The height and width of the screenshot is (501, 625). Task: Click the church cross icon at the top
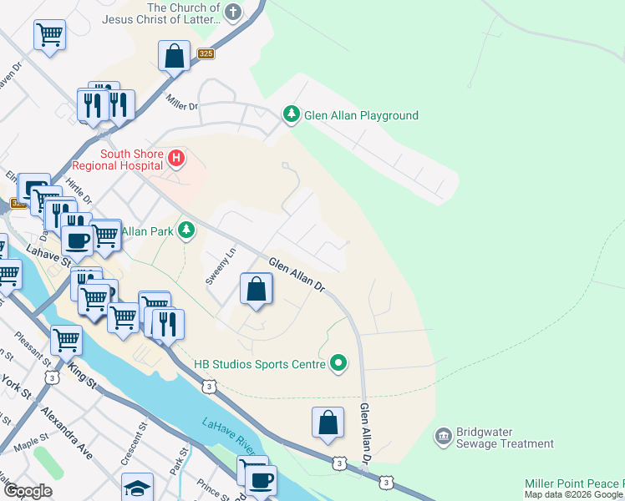pyautogui.click(x=233, y=13)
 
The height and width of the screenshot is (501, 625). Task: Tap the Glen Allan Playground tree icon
pyautogui.click(x=291, y=115)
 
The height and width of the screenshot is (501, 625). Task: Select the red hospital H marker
pyautogui.click(x=176, y=157)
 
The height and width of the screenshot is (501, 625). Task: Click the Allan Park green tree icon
pyautogui.click(x=187, y=230)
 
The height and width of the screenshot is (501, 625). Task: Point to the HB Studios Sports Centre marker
pyautogui.click(x=338, y=362)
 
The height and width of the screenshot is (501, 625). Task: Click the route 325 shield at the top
pyautogui.click(x=206, y=54)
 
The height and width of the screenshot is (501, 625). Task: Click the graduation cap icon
pyautogui.click(x=138, y=487)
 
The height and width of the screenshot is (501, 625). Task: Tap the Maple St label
pyautogui.click(x=29, y=445)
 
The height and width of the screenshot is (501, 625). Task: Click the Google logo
pyautogui.click(x=28, y=491)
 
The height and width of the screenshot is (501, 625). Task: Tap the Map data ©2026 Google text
pyautogui.click(x=573, y=494)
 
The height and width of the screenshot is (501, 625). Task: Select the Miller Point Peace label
pyautogui.click(x=574, y=483)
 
